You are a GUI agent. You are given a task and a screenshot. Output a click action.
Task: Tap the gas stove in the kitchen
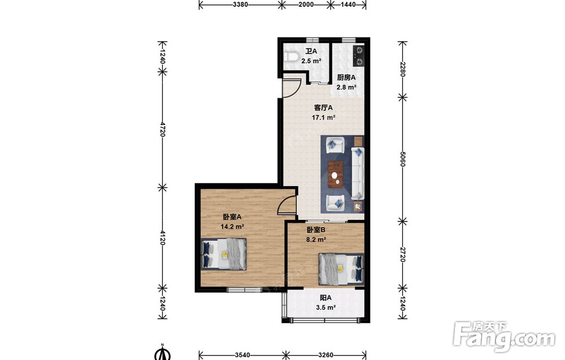359,56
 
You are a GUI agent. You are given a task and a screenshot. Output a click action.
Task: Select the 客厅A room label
323,108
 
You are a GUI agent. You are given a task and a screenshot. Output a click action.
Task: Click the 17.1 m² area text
324,118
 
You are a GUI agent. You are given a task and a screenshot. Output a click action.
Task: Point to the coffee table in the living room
336,175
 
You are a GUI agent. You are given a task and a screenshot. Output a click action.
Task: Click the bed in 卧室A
224,254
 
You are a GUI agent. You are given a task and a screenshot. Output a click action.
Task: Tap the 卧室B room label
316,229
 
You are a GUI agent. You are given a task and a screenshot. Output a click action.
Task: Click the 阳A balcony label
326,298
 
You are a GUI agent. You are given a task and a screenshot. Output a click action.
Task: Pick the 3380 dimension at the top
240,5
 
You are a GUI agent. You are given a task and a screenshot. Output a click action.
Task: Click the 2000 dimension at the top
306,5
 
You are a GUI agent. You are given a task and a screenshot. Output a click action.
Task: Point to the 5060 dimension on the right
403,159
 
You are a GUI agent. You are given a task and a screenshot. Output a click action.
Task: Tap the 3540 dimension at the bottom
242,355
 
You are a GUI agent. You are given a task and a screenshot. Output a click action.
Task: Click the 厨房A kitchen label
346,77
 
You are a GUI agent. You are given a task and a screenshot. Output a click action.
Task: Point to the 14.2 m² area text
232,227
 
